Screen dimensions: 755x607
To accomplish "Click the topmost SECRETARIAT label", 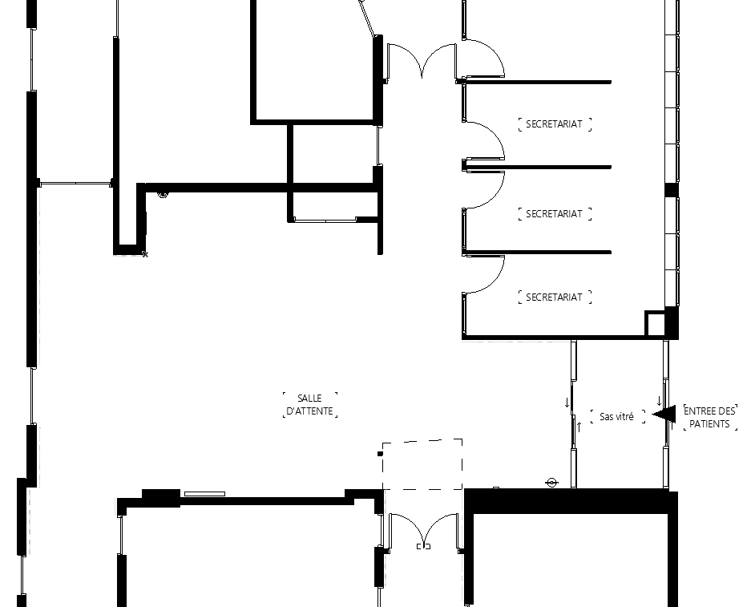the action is click(x=554, y=123).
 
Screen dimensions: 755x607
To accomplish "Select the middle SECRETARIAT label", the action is click(x=554, y=213).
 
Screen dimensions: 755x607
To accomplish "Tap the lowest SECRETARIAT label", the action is click(x=554, y=297).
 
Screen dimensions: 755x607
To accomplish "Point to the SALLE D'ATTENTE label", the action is click(x=309, y=405).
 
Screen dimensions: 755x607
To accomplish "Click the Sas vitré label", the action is click(x=617, y=416).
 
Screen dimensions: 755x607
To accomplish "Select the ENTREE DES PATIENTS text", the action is click(x=710, y=417).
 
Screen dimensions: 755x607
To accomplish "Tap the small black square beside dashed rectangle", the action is click(x=380, y=453).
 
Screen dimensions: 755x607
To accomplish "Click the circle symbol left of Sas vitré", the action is click(x=551, y=482).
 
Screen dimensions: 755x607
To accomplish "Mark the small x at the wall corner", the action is click(x=145, y=254).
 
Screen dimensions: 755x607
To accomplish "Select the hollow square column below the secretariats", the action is click(x=655, y=323).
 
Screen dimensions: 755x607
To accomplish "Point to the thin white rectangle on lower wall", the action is click(x=204, y=494).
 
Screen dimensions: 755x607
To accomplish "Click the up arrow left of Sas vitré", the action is click(x=579, y=427).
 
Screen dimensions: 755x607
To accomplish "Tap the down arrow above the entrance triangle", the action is click(x=659, y=401).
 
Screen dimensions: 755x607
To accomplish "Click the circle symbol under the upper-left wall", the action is click(x=164, y=194).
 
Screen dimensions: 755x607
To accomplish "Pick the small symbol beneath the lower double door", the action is click(x=423, y=546).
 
